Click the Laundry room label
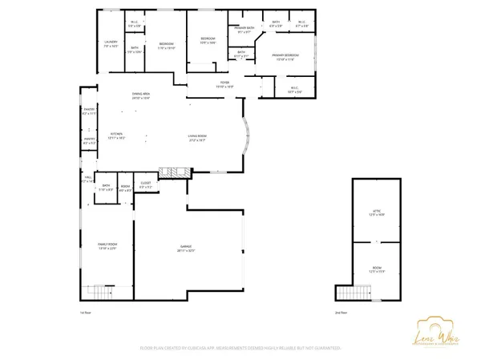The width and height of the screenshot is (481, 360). (111, 43)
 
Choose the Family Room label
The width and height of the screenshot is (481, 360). (107, 245)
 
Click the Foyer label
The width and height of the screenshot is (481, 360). (225, 84)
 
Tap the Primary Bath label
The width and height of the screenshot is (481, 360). (245, 30)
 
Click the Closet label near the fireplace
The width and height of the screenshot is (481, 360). (145, 186)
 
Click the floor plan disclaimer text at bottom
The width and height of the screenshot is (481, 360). (240, 347)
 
